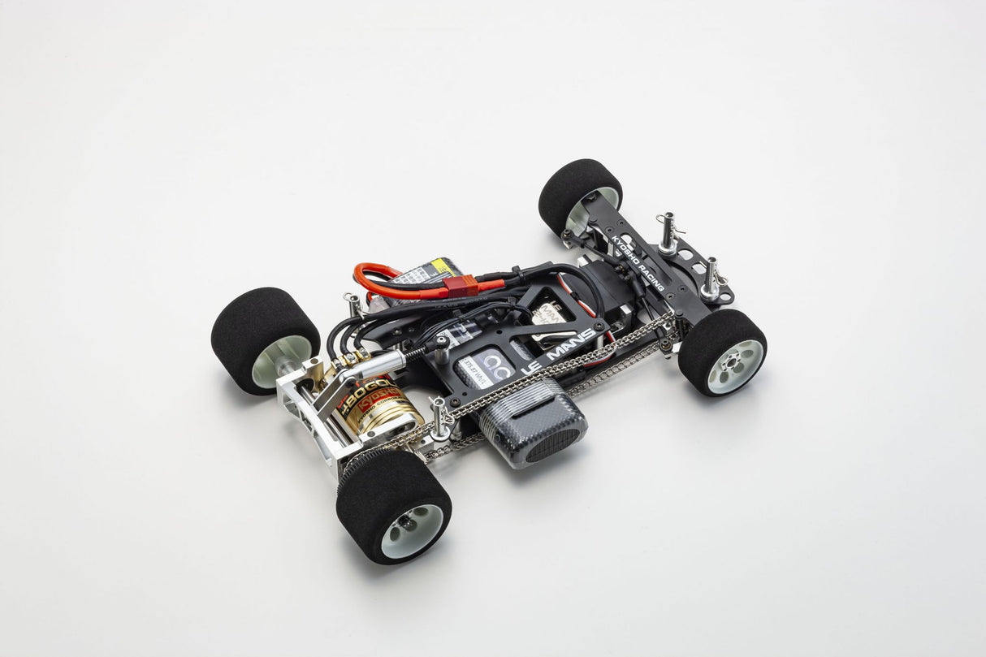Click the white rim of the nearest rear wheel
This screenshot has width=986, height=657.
point(412,529)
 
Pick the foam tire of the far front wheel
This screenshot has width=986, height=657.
point(573,187)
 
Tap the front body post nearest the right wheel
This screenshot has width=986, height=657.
point(711,276)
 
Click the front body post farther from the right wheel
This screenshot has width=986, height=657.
point(668,231)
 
